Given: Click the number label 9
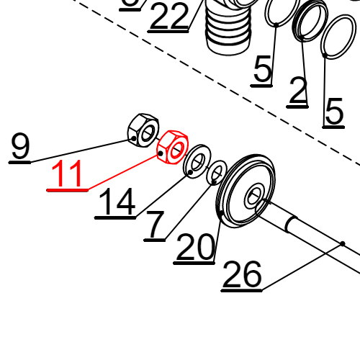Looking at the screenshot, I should [x=20, y=147].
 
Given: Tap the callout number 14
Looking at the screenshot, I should [x=115, y=203].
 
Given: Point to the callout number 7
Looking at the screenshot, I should [x=156, y=225].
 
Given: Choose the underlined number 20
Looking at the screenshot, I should [x=195, y=248].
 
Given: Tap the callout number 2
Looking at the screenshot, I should [x=298, y=91].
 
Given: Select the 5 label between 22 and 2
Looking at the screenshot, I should [x=263, y=71].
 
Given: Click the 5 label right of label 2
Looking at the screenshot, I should [x=333, y=112].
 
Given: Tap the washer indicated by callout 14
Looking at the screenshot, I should [x=195, y=163].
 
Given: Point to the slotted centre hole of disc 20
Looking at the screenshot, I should [x=256, y=196].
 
